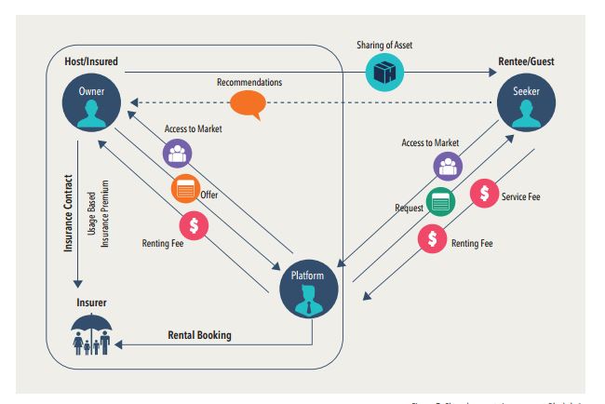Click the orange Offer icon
point(184,189)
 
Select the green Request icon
point(441,199)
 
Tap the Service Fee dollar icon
point(483,194)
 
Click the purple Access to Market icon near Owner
point(176,154)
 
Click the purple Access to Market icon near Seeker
point(448,165)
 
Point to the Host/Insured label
point(90,61)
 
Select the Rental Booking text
point(199,334)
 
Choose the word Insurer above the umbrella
point(91,303)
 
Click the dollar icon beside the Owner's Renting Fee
point(194,224)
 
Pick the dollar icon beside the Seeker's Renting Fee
point(432,238)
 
